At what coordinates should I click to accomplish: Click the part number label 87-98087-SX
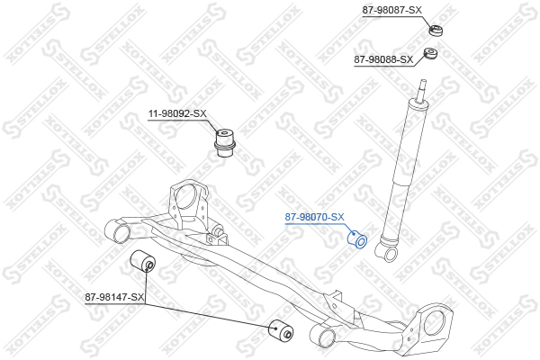(x=391, y=10)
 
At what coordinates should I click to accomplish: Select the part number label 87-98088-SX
(x=383, y=59)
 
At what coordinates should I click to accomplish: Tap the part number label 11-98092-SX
(x=177, y=113)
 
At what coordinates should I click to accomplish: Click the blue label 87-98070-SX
(x=314, y=217)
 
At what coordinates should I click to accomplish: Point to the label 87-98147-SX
(x=114, y=297)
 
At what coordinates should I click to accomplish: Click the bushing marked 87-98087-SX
(x=436, y=30)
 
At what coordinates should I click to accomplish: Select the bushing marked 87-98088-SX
(x=430, y=53)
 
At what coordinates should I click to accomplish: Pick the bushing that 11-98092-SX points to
(x=223, y=142)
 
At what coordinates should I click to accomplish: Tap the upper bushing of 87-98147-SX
(x=144, y=261)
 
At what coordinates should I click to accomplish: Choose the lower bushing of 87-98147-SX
(x=281, y=331)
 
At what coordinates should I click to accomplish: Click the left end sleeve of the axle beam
(x=119, y=231)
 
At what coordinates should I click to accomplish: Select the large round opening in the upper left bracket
(x=186, y=197)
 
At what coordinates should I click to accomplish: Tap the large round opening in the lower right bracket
(x=436, y=322)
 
